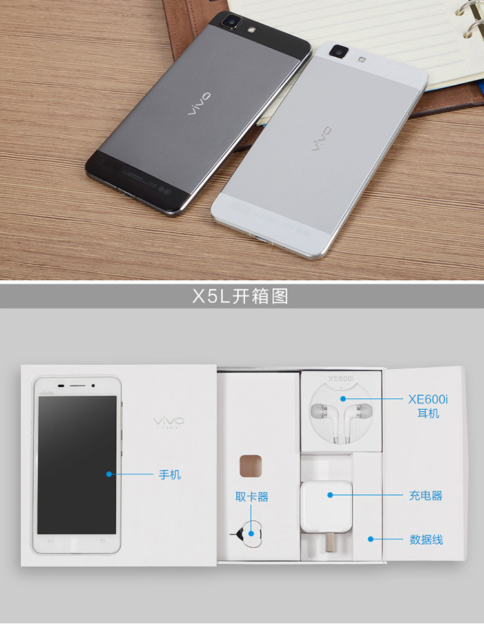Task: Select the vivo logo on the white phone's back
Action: click(x=321, y=139)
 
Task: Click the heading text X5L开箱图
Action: click(x=240, y=296)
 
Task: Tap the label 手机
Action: click(x=170, y=475)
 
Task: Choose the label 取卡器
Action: click(x=251, y=497)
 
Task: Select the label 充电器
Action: click(x=425, y=496)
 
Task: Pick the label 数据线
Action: click(x=426, y=539)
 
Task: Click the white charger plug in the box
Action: click(x=326, y=510)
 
